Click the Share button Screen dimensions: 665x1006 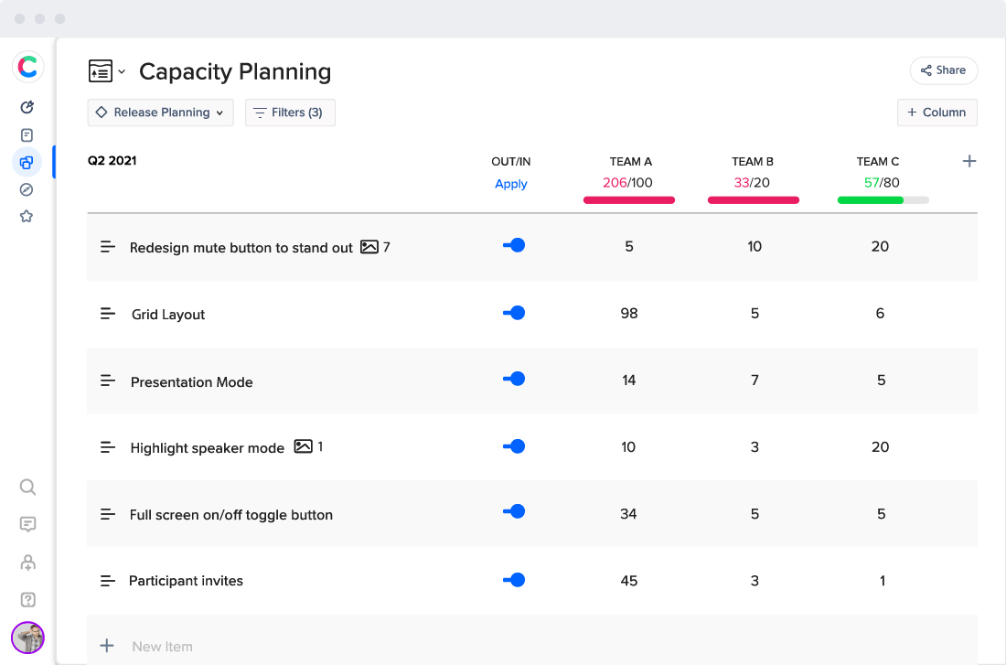click(943, 70)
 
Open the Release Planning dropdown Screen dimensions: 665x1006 click(161, 113)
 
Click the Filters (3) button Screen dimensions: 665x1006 click(290, 113)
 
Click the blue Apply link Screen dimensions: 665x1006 click(510, 184)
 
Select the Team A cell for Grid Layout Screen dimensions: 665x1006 click(628, 314)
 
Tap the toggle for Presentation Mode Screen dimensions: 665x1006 click(514, 379)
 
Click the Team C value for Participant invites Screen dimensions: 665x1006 click(882, 581)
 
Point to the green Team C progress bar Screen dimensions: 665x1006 click(871, 199)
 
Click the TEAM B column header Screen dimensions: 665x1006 click(753, 162)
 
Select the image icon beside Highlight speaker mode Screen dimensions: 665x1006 click(303, 447)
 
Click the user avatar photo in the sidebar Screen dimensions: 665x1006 click(27, 638)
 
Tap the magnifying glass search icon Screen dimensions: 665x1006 click(27, 487)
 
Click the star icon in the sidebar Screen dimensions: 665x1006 click(27, 217)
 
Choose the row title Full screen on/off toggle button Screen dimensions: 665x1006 click(231, 515)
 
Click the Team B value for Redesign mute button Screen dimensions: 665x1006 click(754, 247)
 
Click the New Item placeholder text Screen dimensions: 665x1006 click(162, 647)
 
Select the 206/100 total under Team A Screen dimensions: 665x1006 click(627, 183)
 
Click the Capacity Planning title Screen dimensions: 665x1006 click(235, 71)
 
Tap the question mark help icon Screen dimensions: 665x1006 click(27, 600)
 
